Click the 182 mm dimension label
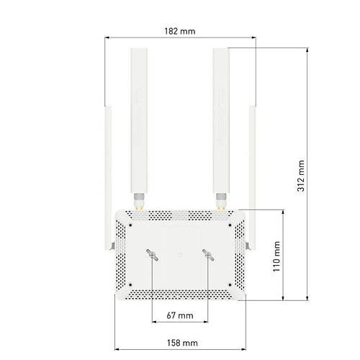click(180, 31)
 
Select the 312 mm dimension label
click(301, 176)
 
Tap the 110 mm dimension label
click(276, 256)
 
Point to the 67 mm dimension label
click(180, 315)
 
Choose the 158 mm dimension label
click(182, 343)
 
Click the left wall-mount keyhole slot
click(152, 255)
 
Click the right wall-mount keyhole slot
click(208, 255)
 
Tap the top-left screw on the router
click(130, 225)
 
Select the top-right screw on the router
click(230, 225)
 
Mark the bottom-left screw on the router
click(130, 285)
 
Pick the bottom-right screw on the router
click(230, 285)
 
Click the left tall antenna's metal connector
click(139, 202)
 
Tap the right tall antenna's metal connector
click(221, 202)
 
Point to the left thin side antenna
click(108, 178)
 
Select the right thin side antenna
click(252, 178)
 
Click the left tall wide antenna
click(139, 120)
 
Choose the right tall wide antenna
click(221, 120)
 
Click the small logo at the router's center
click(180, 255)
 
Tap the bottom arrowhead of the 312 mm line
click(307, 298)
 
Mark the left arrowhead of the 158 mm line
click(117, 349)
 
